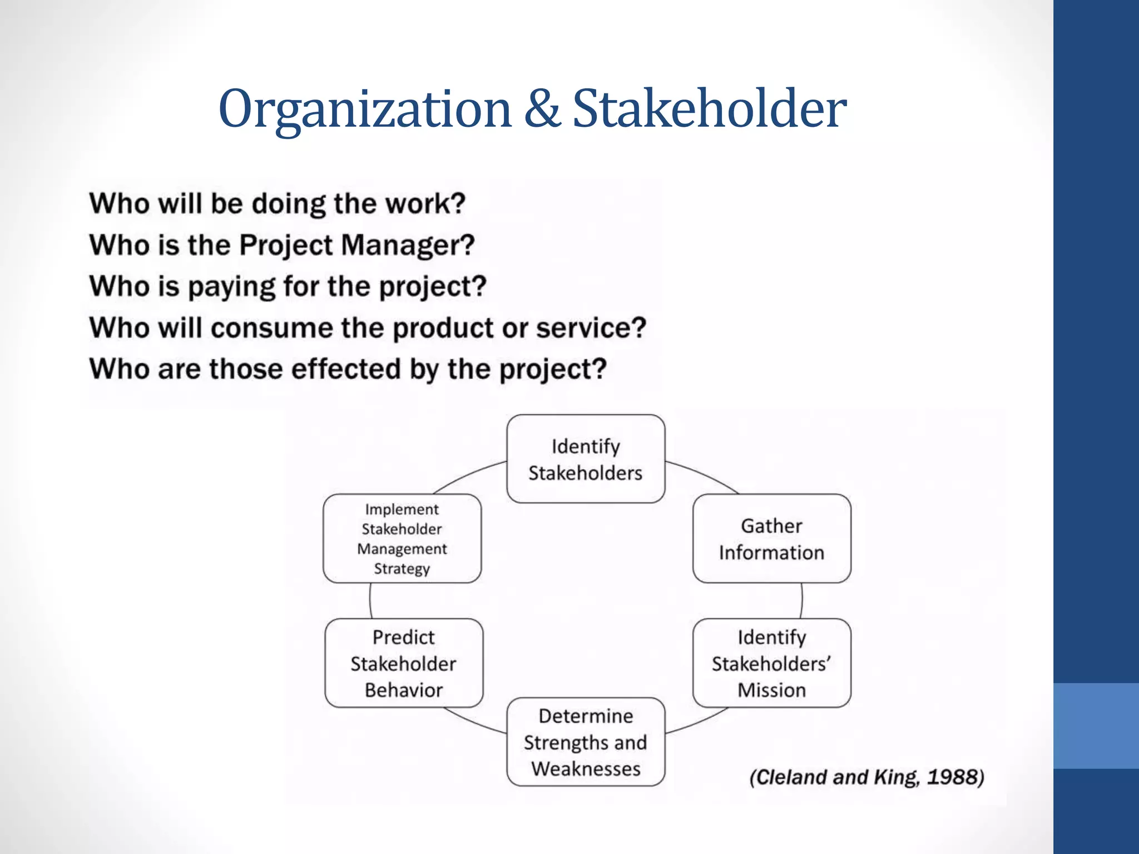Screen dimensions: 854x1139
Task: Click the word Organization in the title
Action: pos(365,109)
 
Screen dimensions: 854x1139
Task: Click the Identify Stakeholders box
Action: pos(586,459)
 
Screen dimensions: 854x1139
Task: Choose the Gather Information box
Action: pos(771,539)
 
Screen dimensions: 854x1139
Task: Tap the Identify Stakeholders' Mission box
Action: pos(771,663)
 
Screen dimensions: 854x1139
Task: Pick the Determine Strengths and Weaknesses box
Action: pos(586,742)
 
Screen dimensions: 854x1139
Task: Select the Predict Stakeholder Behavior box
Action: pos(404,663)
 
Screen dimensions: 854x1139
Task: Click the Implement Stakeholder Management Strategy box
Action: pos(402,539)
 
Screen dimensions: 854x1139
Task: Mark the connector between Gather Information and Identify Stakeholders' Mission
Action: pos(801,601)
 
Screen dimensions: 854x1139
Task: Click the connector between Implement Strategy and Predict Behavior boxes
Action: pos(370,601)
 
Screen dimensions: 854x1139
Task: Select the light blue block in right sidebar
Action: pos(1096,726)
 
